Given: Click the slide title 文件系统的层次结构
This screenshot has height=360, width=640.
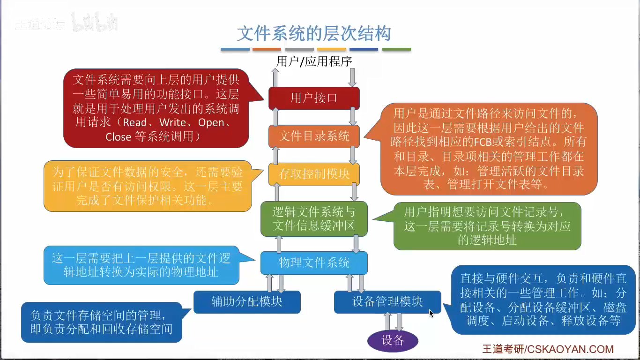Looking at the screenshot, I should tap(313, 34).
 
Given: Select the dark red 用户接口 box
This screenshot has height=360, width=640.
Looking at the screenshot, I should tap(314, 98).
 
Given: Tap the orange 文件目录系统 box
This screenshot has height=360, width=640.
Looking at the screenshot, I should tap(314, 136).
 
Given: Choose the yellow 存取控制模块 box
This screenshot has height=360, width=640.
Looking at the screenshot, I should tap(314, 174).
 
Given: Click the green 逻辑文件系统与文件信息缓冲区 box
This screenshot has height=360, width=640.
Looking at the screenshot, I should tap(314, 219).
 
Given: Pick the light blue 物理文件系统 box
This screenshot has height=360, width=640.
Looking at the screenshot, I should tap(314, 262).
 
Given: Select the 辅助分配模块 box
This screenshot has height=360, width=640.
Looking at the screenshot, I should tap(247, 301).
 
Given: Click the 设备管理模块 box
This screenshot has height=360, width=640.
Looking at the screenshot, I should tap(387, 301).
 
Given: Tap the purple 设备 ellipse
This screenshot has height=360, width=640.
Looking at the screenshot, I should tap(393, 340).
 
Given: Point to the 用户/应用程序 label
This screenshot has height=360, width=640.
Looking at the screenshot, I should tap(314, 61).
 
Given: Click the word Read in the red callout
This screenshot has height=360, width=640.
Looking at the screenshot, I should tap(134, 123).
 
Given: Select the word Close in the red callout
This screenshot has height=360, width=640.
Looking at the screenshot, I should tap(118, 137).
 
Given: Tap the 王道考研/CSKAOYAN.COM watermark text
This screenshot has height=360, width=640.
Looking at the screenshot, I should tap(548, 349).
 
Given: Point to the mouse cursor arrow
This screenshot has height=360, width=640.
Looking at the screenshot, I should tap(431, 313).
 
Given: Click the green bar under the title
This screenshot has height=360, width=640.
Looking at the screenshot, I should tap(396, 49).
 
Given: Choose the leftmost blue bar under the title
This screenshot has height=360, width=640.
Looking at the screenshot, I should tap(235, 49).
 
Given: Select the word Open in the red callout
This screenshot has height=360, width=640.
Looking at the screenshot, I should tap(211, 123).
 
